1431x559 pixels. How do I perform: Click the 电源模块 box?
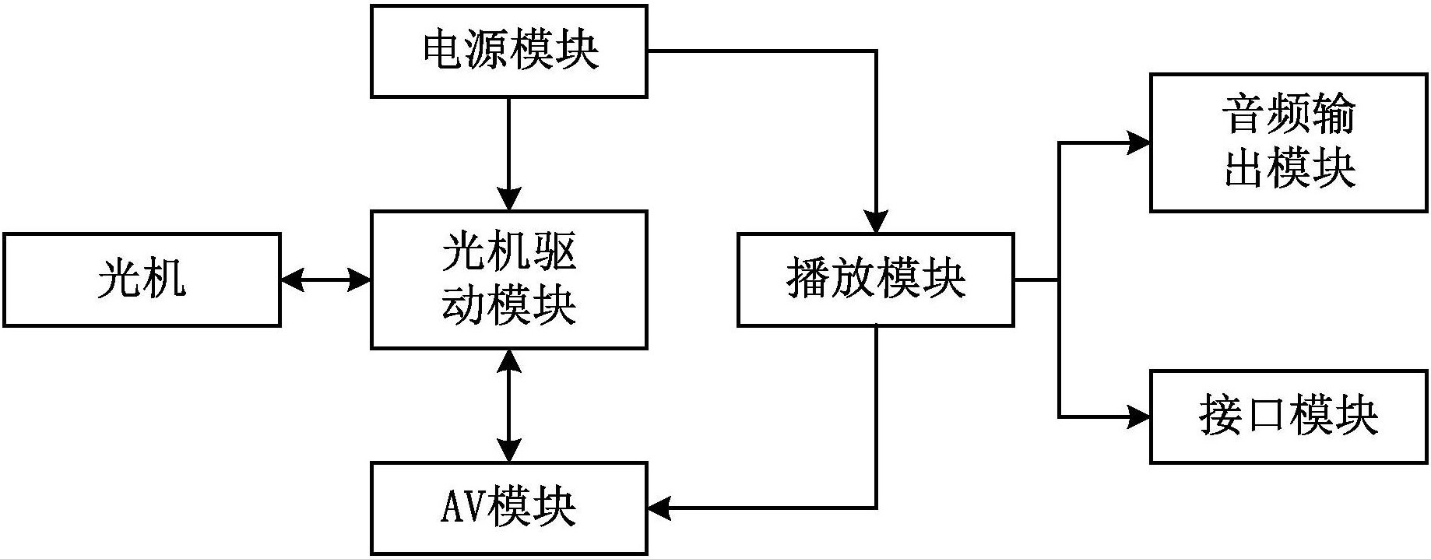(x=508, y=51)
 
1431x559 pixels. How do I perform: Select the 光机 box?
(x=142, y=279)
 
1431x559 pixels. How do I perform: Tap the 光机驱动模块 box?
(x=508, y=279)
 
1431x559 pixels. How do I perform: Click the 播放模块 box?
(x=876, y=279)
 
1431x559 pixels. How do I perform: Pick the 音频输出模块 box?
(x=1289, y=142)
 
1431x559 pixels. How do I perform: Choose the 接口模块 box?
(x=1289, y=417)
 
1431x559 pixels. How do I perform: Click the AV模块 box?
(x=508, y=508)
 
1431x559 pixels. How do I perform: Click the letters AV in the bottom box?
(x=464, y=508)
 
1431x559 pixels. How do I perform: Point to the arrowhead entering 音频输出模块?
(x=1139, y=142)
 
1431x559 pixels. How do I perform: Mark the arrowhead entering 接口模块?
(x=1139, y=417)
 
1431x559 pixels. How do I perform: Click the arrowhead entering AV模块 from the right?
(x=659, y=508)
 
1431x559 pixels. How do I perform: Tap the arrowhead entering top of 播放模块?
(x=877, y=222)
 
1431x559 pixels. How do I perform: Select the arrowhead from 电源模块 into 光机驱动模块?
(x=508, y=199)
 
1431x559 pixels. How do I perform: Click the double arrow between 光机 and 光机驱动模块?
(x=325, y=279)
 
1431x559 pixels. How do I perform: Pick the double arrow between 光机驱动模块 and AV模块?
(x=508, y=406)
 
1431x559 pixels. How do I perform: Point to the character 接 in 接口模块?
(x=1221, y=417)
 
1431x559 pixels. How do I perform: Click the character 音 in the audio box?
(x=1243, y=115)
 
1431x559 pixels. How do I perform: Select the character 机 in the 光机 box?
(x=164, y=279)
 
